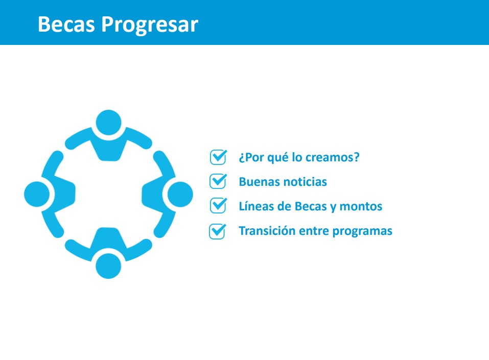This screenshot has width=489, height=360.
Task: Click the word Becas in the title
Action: point(66,24)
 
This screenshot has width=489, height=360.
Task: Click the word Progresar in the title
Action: point(150,25)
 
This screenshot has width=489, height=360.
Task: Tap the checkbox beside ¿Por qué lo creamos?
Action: point(218,157)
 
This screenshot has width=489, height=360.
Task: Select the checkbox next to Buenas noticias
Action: point(218,181)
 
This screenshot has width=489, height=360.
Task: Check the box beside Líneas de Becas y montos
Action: point(218,205)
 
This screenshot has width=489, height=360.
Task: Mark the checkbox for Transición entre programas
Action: point(217,231)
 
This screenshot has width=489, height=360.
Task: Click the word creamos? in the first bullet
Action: point(333,157)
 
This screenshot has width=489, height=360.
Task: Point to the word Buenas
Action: point(256,182)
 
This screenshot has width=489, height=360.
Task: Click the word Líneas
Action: point(253,206)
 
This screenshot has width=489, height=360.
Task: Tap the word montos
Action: point(361,206)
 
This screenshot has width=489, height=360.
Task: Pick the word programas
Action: point(362,232)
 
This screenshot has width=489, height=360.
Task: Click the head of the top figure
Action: point(108,123)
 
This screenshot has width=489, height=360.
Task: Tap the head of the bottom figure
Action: point(108,266)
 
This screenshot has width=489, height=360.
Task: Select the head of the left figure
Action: point(37,194)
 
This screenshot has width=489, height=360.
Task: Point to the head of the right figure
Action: point(180,194)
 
